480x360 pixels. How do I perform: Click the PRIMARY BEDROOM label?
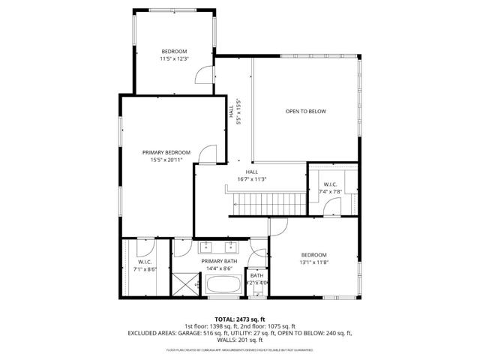tap(166, 152)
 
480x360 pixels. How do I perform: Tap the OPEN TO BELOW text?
tap(305, 112)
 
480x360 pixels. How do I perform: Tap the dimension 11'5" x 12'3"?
tap(173, 58)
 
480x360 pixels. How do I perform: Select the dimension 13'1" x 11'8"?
tap(313, 262)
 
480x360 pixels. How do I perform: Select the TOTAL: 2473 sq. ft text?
tap(239, 319)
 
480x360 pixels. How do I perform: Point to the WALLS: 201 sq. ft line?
tap(240, 339)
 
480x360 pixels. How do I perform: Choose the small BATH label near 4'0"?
tap(256, 276)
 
